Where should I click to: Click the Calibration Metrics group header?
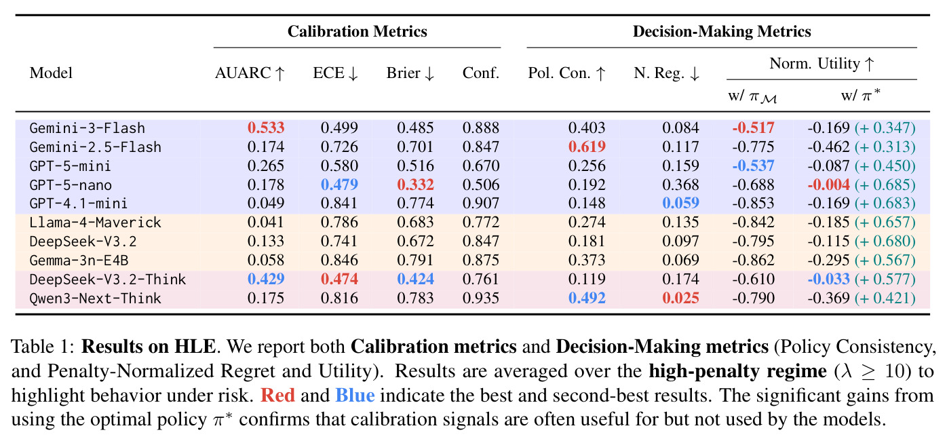click(x=357, y=32)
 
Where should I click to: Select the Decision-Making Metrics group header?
click(x=722, y=32)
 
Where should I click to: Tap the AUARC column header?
click(x=250, y=73)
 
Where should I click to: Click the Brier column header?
click(x=410, y=73)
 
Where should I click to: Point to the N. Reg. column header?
click(x=666, y=73)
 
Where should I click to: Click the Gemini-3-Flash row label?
click(x=87, y=128)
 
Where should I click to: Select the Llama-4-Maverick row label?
click(x=95, y=223)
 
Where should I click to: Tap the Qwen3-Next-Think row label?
click(x=95, y=299)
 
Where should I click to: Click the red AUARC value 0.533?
click(x=266, y=128)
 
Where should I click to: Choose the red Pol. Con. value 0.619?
click(x=587, y=147)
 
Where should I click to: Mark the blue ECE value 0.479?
click(x=339, y=185)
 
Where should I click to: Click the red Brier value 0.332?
click(x=415, y=185)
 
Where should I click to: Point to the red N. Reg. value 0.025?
click(x=680, y=298)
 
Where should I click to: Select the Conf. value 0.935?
click(x=481, y=298)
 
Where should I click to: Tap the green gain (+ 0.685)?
click(x=885, y=185)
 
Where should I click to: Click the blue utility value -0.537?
click(x=753, y=166)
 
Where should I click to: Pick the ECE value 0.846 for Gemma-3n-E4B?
click(x=339, y=260)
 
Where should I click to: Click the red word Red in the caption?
click(x=277, y=396)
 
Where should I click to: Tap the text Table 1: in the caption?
click(x=43, y=347)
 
